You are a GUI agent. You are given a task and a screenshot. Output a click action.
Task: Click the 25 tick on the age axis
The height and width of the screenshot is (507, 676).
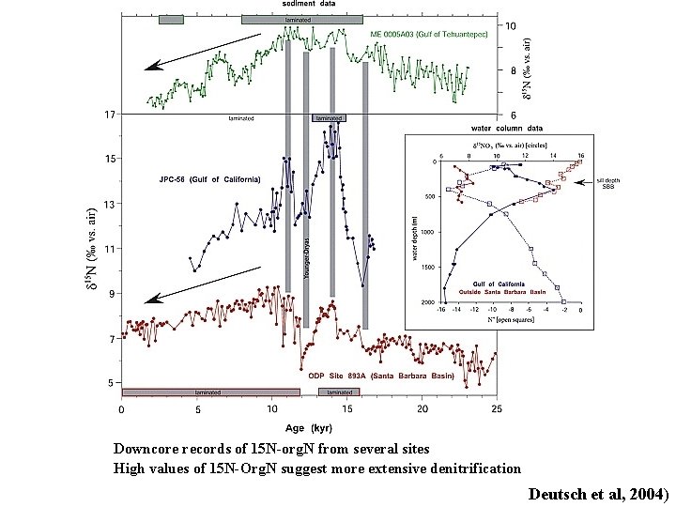497,410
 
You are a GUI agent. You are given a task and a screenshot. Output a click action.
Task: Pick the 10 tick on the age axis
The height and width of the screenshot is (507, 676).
271,410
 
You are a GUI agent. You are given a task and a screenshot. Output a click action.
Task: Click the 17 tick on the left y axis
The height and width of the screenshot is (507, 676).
109,115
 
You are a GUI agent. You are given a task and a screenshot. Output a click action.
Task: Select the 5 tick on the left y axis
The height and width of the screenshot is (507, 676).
111,383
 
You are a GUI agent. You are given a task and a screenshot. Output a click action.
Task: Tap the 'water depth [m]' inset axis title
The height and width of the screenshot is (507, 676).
413,236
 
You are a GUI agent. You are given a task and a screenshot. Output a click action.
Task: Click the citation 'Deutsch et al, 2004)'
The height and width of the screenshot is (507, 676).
597,493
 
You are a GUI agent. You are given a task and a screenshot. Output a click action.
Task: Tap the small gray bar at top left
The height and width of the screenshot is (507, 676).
171,20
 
